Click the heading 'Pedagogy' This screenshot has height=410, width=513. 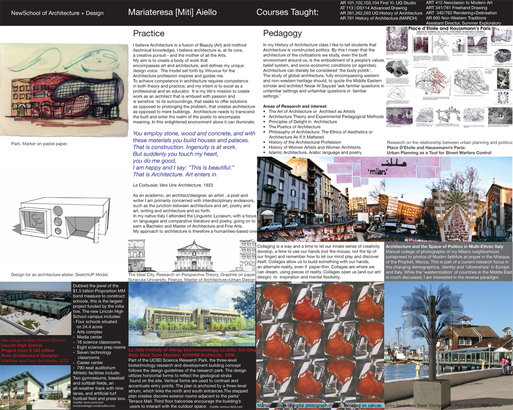pos(282,34)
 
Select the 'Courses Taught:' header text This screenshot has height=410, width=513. pos(287,12)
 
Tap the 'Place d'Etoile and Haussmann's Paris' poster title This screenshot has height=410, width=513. pos(449,29)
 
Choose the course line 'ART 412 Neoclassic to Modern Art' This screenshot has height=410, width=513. pos(459,3)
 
